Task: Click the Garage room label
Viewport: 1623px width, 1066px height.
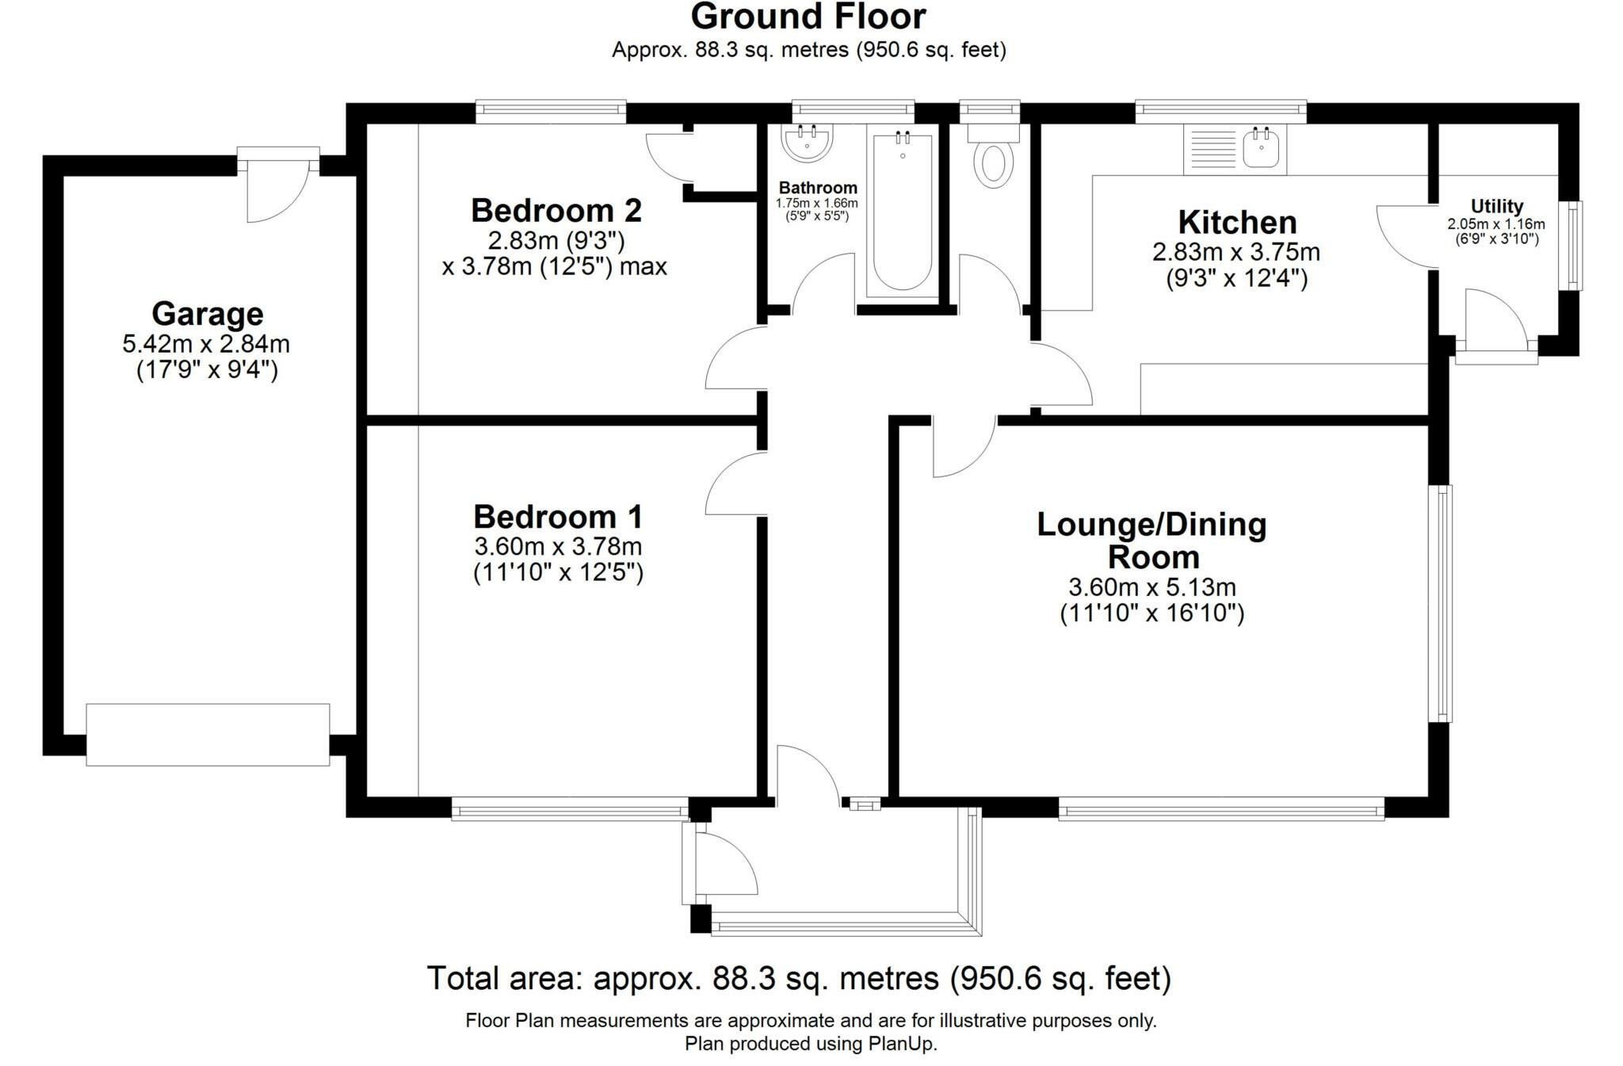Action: pyautogui.click(x=208, y=314)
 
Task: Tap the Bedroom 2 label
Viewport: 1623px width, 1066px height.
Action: pyautogui.click(x=556, y=211)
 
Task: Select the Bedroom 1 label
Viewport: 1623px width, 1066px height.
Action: pyautogui.click(x=558, y=517)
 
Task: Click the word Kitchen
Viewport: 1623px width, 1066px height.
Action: pyautogui.click(x=1237, y=223)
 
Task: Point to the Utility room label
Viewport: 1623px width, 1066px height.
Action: pyautogui.click(x=1496, y=207)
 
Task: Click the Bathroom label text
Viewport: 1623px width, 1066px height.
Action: pyautogui.click(x=818, y=188)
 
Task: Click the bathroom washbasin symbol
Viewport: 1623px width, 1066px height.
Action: pyautogui.click(x=807, y=143)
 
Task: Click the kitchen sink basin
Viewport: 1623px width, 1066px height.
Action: pyautogui.click(x=1262, y=149)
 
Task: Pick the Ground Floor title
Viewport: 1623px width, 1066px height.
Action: pyautogui.click(x=808, y=16)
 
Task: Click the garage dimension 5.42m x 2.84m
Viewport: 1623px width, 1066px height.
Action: pyautogui.click(x=206, y=344)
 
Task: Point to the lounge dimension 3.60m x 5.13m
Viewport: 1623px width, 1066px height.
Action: pyautogui.click(x=1152, y=587)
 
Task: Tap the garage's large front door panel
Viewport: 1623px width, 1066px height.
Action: pyautogui.click(x=208, y=735)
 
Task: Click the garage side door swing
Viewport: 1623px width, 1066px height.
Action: pyautogui.click(x=277, y=189)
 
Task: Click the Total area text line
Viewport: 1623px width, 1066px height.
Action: pyautogui.click(x=799, y=978)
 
